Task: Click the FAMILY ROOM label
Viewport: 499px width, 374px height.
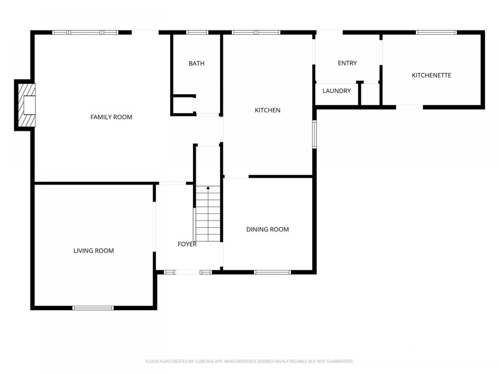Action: point(111,117)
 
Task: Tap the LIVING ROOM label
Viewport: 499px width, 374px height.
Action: point(94,250)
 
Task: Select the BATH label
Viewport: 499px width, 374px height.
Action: point(196,64)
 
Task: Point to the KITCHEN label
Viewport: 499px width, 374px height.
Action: point(267,110)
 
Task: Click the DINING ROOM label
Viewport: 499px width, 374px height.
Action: point(268,229)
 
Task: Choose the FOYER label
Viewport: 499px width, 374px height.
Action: point(186,244)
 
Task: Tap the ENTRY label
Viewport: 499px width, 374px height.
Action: point(347,63)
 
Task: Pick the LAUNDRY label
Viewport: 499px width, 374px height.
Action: point(337,91)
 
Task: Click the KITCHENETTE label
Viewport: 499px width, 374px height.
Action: point(431,75)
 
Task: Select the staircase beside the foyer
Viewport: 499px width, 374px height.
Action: point(208,216)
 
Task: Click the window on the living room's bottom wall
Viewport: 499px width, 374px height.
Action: point(93,308)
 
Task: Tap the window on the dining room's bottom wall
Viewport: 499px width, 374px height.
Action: point(272,272)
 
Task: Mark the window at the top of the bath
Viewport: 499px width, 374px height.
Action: point(197,33)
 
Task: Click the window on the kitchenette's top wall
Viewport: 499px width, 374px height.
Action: point(436,33)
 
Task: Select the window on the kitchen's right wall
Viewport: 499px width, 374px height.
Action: point(314,135)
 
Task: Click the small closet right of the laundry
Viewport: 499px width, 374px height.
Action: point(370,94)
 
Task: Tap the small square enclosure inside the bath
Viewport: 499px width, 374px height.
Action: point(182,105)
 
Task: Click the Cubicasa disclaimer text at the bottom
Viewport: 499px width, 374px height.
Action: point(249,361)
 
